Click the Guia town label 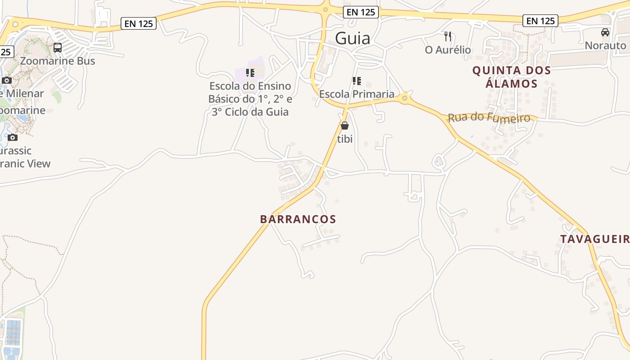tap(353, 38)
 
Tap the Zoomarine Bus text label tap(58, 61)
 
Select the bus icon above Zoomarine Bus tap(58, 48)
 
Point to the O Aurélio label tap(448, 49)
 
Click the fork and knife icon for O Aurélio tap(448, 36)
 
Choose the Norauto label tap(605, 45)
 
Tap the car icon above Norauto tap(605, 32)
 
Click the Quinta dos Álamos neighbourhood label tap(512, 77)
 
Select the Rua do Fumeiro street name tap(489, 117)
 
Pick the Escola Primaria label tap(357, 94)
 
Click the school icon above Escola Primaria tap(357, 81)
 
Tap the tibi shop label tap(345, 139)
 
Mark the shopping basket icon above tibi tap(345, 126)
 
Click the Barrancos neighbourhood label tap(298, 219)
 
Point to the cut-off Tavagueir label tap(594, 239)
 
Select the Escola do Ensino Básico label tap(250, 99)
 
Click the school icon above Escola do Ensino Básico tap(250, 72)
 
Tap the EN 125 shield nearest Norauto tap(540, 21)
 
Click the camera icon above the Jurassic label tap(13, 137)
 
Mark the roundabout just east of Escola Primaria tap(405, 98)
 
